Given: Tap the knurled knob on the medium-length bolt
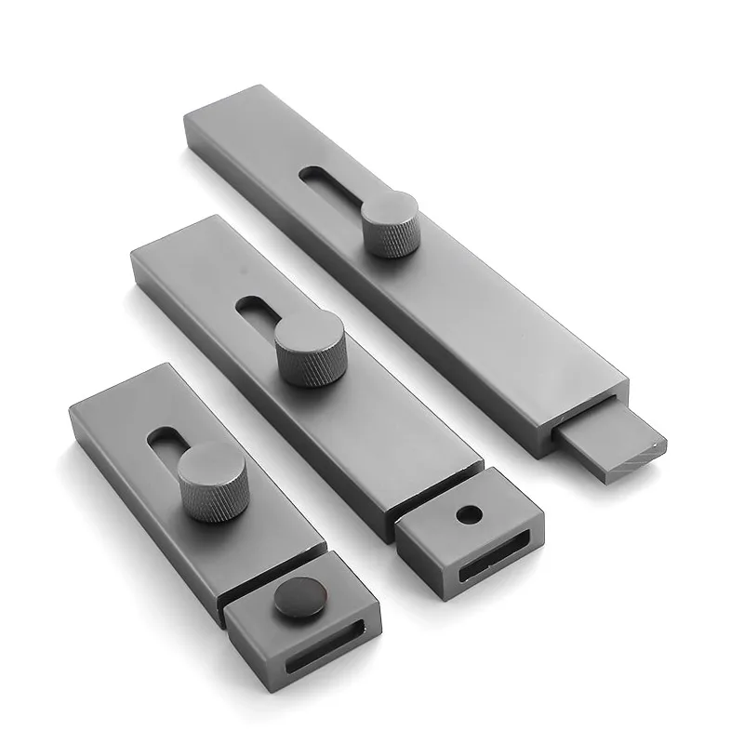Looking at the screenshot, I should [310, 346].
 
